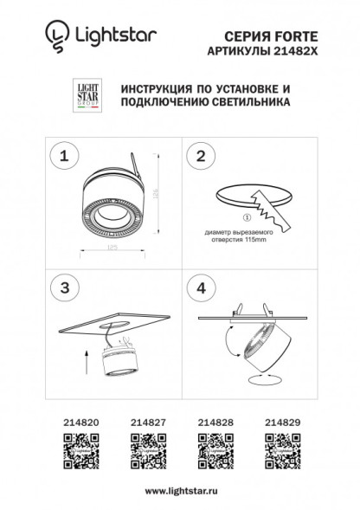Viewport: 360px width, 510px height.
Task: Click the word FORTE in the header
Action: coord(287,35)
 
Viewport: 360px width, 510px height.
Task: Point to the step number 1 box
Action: coord(62,157)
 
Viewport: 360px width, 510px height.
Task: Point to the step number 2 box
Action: coord(201,157)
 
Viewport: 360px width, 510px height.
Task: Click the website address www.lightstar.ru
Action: coord(180,491)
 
